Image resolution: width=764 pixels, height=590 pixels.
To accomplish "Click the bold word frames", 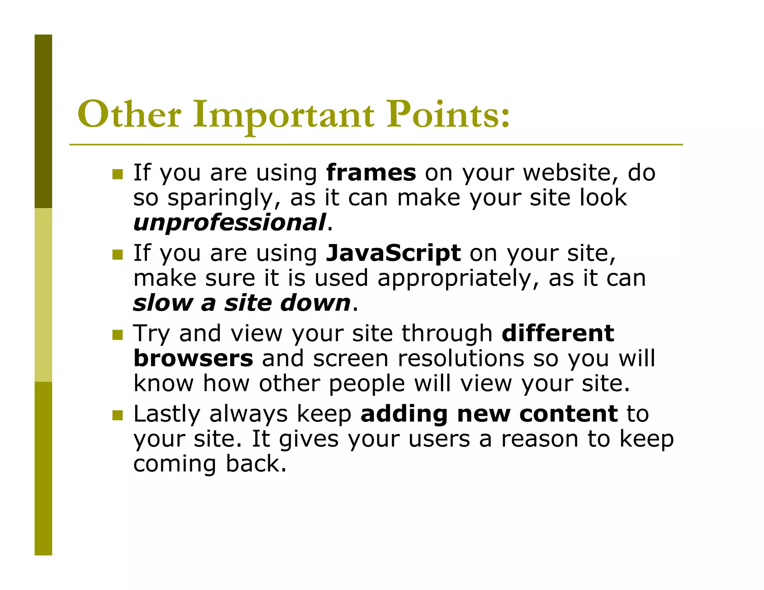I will (371, 173).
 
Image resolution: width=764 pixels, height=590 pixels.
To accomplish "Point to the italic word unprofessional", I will (229, 223).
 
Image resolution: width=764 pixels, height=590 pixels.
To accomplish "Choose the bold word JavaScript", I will (393, 253).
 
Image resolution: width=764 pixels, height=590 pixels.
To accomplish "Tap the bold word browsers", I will (193, 358).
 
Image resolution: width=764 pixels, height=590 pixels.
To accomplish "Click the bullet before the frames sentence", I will (118, 174).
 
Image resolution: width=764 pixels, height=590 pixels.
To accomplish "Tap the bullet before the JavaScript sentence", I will (118, 255).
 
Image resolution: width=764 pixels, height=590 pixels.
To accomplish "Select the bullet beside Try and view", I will (118, 335).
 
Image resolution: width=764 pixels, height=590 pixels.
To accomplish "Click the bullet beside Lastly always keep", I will (118, 415).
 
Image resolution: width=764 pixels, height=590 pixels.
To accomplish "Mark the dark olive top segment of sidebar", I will (43, 121).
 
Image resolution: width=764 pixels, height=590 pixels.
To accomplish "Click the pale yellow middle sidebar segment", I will (43, 295).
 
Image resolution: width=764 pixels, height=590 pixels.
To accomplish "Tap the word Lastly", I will (166, 415).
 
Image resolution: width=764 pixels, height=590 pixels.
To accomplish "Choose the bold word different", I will (558, 333).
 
